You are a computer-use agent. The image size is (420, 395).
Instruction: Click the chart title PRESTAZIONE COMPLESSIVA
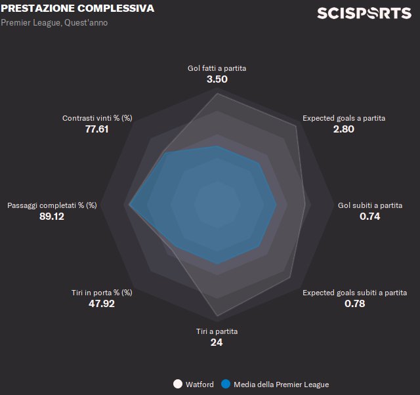point(78,9)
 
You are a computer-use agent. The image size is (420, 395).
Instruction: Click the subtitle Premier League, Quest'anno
point(54,22)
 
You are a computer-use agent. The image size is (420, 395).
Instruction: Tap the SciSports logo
point(364,13)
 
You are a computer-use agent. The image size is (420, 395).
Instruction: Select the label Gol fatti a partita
point(217,68)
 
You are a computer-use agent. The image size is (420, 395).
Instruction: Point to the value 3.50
point(217,79)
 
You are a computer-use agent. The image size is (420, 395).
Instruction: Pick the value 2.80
point(344,129)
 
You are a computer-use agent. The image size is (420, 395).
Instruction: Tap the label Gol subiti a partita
point(370,205)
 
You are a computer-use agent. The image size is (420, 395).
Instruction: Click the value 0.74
point(370,217)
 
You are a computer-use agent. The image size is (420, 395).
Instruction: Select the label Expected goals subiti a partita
point(354,293)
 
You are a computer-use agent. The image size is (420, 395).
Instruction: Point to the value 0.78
point(354,304)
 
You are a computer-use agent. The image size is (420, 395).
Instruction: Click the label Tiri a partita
point(217,331)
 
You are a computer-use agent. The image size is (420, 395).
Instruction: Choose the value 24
point(217,343)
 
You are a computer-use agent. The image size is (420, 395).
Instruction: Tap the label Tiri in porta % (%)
point(102,293)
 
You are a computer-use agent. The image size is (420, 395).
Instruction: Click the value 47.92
point(102,304)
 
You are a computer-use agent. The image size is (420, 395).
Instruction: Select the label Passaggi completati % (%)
point(52,205)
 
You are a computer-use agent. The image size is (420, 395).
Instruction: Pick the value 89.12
point(52,217)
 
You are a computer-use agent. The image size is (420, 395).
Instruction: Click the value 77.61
point(97,129)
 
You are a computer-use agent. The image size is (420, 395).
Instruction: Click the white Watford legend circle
point(177,385)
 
